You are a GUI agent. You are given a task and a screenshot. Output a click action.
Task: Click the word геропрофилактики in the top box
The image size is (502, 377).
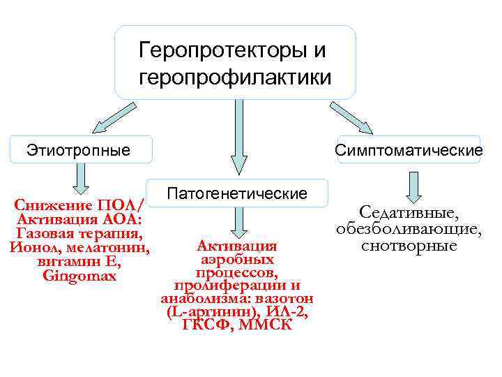(235, 75)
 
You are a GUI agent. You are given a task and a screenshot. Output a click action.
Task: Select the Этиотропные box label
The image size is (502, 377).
(78, 149)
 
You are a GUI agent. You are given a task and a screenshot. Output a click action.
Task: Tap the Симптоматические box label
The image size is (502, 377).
(409, 150)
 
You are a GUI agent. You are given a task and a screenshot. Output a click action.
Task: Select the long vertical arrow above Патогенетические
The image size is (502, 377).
(238, 136)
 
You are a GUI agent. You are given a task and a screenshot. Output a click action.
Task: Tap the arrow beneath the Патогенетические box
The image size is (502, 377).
(238, 223)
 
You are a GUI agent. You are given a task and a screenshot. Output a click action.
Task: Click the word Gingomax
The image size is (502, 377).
(79, 276)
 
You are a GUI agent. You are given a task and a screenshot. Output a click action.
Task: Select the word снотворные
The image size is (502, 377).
(409, 246)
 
